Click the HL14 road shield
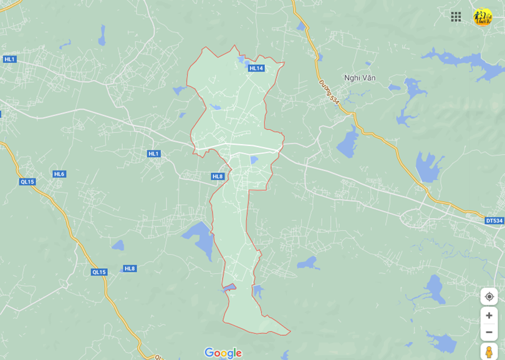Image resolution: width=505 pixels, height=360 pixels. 256,68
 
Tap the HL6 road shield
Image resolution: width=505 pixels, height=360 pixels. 59,174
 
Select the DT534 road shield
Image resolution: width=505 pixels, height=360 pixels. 494,221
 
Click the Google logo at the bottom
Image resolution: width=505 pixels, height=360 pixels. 223,353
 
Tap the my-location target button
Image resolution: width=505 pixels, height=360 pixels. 489,296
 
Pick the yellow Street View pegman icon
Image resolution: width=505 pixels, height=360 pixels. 489,352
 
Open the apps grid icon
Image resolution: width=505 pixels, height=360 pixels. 456,17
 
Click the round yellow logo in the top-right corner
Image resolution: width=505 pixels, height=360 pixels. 482,17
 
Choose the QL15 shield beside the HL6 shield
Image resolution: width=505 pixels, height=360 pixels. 27,182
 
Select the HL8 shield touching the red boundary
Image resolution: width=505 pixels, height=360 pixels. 217,177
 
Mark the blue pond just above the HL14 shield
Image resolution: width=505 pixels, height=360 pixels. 241,60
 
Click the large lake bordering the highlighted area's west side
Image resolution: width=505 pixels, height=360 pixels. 199,238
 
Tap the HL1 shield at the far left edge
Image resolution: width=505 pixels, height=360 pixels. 9,59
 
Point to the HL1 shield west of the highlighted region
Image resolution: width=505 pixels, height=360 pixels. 154,153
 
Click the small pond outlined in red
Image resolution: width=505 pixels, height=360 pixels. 229,288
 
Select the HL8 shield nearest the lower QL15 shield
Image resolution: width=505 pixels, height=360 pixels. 130,268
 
